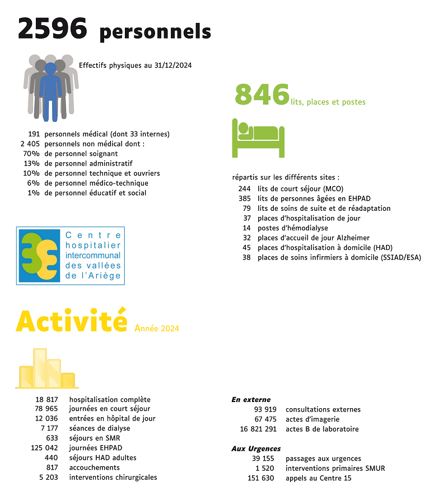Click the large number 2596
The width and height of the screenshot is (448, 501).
click(x=53, y=29)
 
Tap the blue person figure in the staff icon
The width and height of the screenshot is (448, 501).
click(x=50, y=92)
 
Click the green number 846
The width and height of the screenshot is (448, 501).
click(x=262, y=94)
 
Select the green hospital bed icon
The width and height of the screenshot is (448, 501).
click(x=258, y=137)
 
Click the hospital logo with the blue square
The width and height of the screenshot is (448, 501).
click(x=71, y=256)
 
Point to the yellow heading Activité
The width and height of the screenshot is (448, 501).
click(x=72, y=320)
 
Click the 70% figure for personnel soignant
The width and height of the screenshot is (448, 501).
click(x=30, y=154)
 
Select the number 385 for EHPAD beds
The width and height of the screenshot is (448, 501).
click(x=244, y=198)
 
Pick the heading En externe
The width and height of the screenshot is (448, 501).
click(x=251, y=400)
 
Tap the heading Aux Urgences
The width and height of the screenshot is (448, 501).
click(x=256, y=449)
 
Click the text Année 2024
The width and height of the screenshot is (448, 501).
click(x=157, y=328)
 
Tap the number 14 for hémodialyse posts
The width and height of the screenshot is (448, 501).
click(x=246, y=228)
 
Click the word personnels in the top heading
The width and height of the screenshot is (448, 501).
click(x=155, y=32)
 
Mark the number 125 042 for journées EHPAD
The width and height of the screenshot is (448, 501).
click(x=44, y=448)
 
